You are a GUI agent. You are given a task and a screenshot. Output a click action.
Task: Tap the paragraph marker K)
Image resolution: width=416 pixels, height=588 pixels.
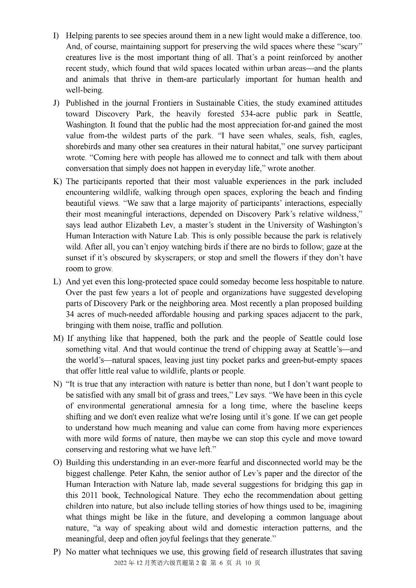pos(57,181)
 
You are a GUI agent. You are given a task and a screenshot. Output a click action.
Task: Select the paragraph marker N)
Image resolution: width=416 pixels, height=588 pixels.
pos(57,384)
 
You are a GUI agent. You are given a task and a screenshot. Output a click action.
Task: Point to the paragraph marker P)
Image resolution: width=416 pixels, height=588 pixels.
pos(57,552)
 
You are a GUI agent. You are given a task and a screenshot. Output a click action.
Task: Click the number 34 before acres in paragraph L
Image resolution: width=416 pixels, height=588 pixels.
pos(70,314)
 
